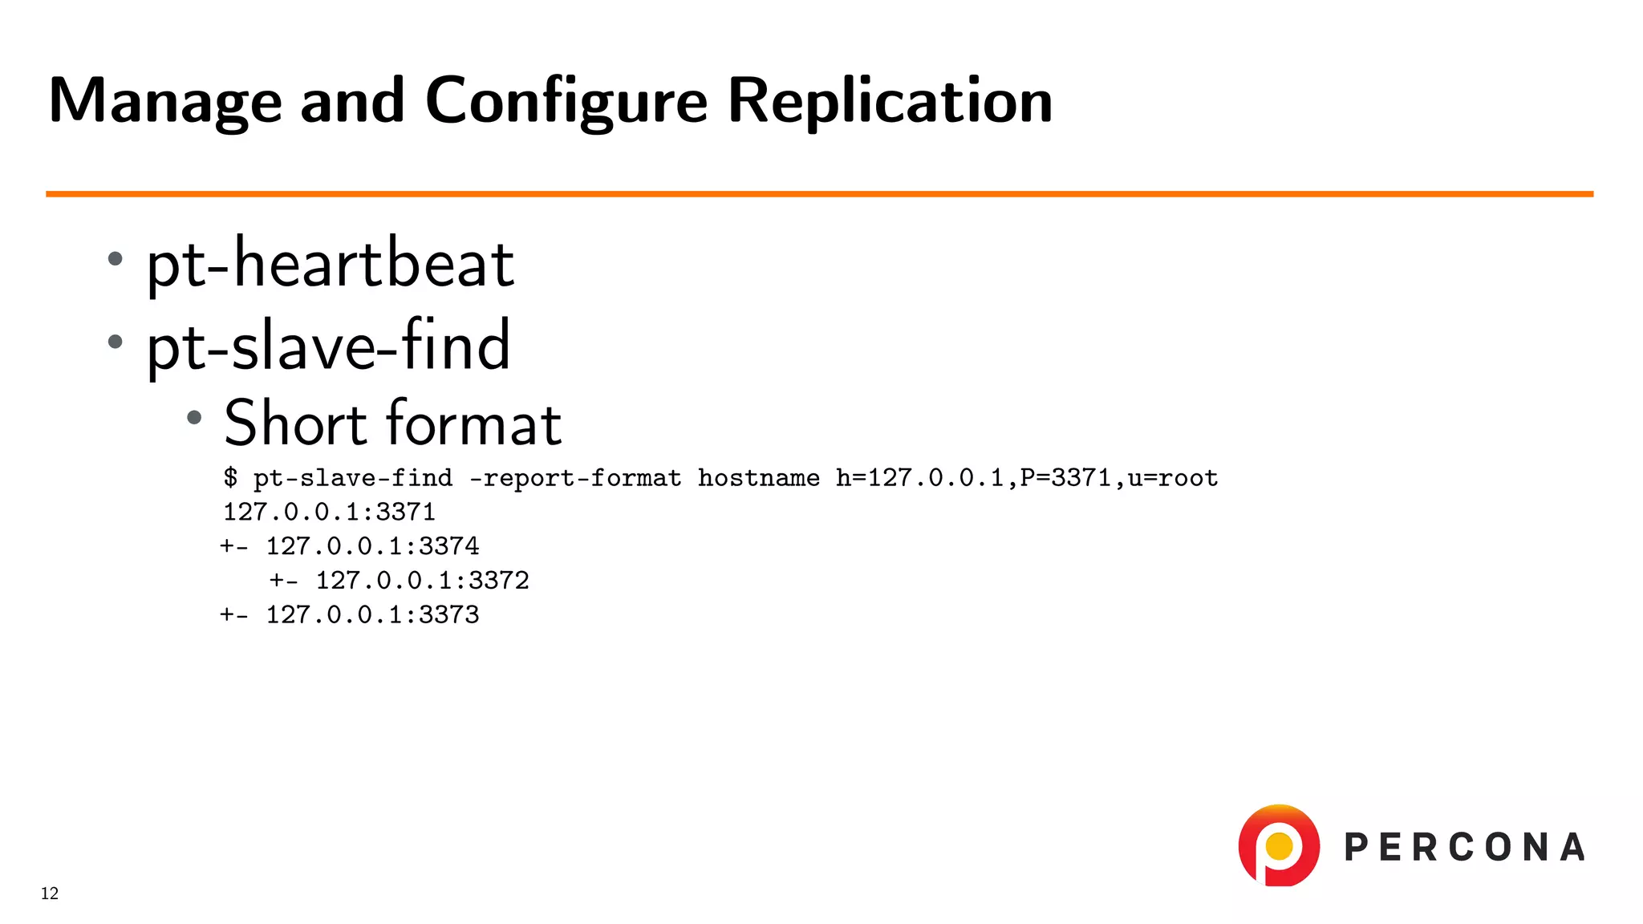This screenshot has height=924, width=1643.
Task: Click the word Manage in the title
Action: [164, 101]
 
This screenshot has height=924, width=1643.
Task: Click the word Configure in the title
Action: [566, 101]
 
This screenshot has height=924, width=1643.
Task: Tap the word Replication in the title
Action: [890, 101]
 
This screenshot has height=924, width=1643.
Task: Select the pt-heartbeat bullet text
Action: [330, 265]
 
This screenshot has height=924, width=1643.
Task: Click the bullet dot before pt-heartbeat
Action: [116, 259]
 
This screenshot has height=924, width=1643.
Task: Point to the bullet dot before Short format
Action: [194, 417]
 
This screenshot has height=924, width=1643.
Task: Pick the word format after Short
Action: [474, 423]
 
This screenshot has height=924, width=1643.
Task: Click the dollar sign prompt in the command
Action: [231, 478]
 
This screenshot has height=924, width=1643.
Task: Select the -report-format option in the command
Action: [574, 478]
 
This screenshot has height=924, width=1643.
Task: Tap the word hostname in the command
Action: [758, 478]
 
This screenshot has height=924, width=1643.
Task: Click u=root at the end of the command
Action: [1173, 478]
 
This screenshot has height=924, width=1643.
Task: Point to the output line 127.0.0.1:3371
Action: [329, 512]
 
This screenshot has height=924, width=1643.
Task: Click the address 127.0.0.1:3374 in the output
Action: [372, 546]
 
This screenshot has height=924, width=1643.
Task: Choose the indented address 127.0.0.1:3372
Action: [422, 581]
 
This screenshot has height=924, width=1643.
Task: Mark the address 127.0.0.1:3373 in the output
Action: [372, 615]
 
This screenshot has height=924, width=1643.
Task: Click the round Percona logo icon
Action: [1279, 846]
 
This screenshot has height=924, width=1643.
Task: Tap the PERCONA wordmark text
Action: [1464, 848]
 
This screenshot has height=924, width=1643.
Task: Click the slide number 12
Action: [50, 894]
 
